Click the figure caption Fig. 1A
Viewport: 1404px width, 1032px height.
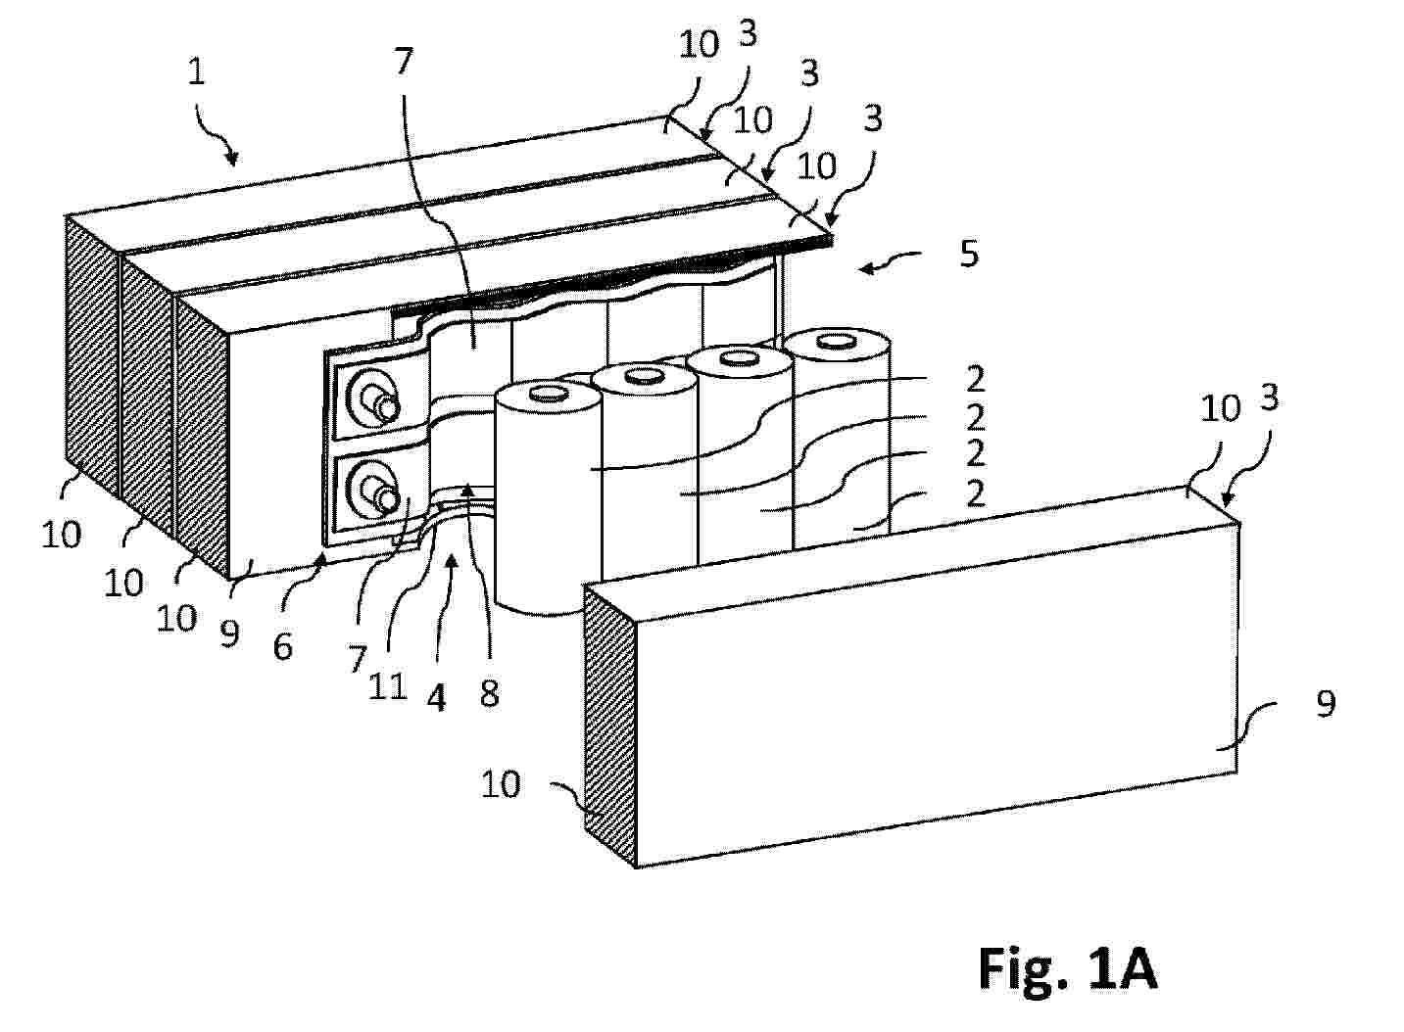coord(1067,968)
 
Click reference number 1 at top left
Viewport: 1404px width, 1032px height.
coord(196,72)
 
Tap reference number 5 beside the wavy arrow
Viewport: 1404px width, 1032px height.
coord(969,254)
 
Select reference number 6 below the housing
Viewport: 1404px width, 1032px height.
coord(283,646)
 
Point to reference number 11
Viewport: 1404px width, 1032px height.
coord(388,687)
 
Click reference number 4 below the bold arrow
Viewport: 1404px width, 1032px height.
coord(437,697)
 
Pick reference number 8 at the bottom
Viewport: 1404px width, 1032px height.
coord(490,694)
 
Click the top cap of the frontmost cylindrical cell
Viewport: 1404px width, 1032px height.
coord(549,395)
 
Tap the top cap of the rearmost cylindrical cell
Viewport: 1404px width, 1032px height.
coord(836,342)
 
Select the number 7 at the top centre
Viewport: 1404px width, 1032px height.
coord(405,61)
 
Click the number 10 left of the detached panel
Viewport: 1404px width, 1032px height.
coord(501,784)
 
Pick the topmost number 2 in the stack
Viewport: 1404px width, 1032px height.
coord(975,379)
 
